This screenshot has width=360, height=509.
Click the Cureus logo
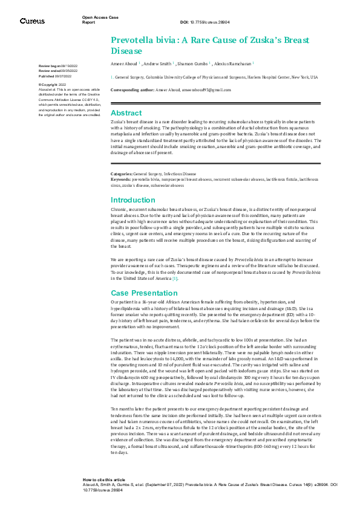click(31, 21)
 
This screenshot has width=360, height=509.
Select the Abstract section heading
click(126, 113)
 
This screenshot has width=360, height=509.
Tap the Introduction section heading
click(133, 200)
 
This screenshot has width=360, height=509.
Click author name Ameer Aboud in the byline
click(123, 63)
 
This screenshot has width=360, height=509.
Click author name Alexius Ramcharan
click(234, 63)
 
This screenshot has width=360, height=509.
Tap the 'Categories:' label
click(122, 173)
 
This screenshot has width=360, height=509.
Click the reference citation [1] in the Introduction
click(175, 278)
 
